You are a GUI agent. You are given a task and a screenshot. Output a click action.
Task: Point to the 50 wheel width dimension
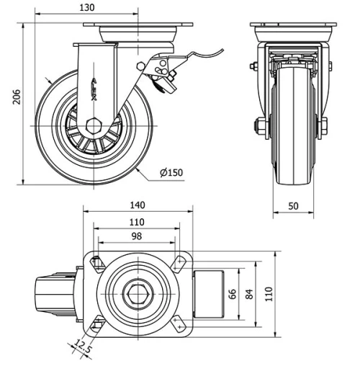pyautogui.click(x=293, y=206)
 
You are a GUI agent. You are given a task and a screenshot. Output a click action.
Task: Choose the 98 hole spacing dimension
pyautogui.click(x=137, y=236)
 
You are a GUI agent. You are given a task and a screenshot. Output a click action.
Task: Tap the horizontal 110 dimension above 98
pyautogui.click(x=137, y=221)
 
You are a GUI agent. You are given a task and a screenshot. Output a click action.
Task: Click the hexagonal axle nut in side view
pyautogui.click(x=93, y=125)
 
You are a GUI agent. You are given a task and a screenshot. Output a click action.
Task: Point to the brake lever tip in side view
pyautogui.click(x=221, y=50)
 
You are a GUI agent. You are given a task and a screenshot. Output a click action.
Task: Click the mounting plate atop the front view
pyautogui.click(x=292, y=27)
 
